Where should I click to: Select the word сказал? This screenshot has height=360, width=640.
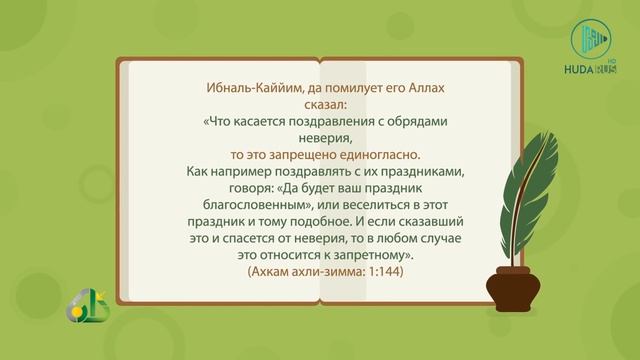tap(320, 105)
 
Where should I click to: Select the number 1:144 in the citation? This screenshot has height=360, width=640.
tap(381, 271)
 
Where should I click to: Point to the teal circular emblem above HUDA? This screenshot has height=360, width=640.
tap(590, 38)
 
